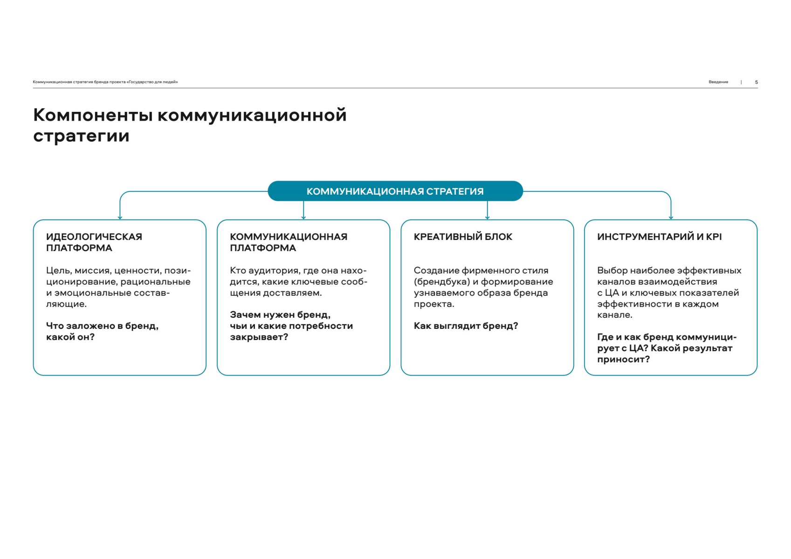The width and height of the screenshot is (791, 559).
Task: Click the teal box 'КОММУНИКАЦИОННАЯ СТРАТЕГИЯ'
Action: [395, 191]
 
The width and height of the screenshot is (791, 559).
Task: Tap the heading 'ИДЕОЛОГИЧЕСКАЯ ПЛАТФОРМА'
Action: [94, 242]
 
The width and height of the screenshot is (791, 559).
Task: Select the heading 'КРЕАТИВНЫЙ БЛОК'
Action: [463, 237]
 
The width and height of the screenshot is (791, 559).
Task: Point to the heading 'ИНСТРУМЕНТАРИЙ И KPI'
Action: [659, 237]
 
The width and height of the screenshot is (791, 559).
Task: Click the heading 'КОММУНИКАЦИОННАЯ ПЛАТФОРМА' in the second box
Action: [288, 242]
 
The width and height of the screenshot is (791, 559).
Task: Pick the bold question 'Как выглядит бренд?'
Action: [466, 326]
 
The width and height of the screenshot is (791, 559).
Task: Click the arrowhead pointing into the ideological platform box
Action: [120, 217]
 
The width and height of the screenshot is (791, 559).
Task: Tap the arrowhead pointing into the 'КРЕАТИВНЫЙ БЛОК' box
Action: [488, 217]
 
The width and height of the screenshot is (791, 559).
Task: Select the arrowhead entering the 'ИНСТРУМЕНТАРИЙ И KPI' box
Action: [671, 217]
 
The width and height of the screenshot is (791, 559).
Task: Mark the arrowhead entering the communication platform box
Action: [303, 217]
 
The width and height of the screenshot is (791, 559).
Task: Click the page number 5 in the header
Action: [756, 82]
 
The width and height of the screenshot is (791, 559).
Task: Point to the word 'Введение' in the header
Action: [718, 82]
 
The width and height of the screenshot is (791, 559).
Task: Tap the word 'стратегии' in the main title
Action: [81, 136]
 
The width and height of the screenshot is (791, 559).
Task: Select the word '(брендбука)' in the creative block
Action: [442, 282]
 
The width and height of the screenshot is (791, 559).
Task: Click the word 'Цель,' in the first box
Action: [59, 271]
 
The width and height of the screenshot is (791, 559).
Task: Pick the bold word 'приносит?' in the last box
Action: [623, 360]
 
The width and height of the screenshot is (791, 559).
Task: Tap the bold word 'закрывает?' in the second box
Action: [259, 337]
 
